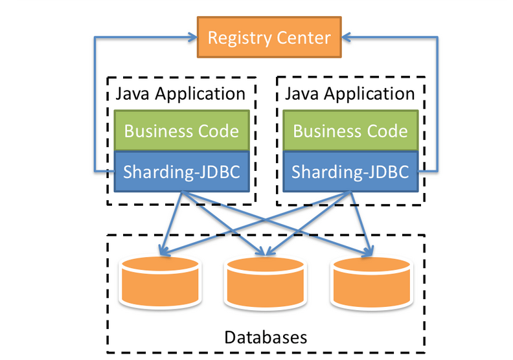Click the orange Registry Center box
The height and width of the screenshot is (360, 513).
point(269,37)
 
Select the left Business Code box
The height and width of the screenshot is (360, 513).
point(181,131)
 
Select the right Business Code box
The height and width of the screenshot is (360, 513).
point(350,131)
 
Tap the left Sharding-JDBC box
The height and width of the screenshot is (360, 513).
point(181,172)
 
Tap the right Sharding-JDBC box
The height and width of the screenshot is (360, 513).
point(350,172)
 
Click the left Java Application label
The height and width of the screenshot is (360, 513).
point(181,93)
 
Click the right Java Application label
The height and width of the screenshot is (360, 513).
point(350,93)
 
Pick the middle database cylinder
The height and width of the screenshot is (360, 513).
point(266,284)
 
